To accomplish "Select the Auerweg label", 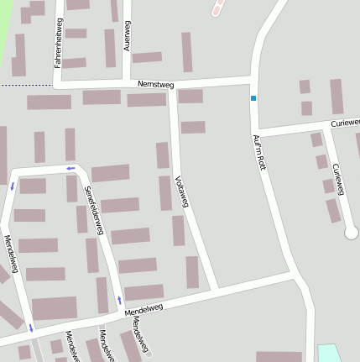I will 128,36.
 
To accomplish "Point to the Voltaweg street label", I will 182,190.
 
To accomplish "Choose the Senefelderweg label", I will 95,209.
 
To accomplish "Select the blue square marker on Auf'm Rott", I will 253,98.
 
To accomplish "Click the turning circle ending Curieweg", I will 351,233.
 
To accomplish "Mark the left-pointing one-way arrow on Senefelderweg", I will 70,168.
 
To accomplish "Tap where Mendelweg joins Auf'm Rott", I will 294,275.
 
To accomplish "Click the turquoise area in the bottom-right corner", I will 329,354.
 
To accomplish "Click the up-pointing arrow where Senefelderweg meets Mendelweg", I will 119,299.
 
